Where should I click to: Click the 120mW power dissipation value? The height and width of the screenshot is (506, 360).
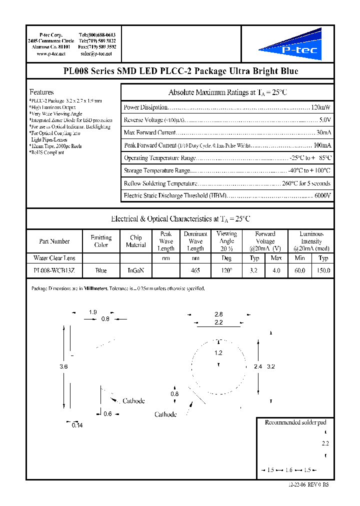(x=320, y=107)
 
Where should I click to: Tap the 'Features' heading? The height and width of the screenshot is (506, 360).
(x=41, y=92)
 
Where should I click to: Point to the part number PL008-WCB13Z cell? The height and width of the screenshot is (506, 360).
(x=54, y=270)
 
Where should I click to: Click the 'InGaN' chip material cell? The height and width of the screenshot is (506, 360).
(x=135, y=270)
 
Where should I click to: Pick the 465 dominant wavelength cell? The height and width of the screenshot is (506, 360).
(x=195, y=270)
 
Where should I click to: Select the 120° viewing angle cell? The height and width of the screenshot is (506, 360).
(x=226, y=270)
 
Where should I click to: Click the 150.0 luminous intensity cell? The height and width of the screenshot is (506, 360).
(x=323, y=270)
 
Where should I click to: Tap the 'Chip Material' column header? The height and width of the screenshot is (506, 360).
(x=135, y=241)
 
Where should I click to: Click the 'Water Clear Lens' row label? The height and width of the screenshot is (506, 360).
(x=54, y=258)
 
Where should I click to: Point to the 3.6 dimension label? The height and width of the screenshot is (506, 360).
(x=63, y=367)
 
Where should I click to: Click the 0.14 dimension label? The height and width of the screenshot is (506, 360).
(x=76, y=425)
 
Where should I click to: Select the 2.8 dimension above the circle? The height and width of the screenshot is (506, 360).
(x=218, y=314)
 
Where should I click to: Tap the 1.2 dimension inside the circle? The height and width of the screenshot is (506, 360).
(x=218, y=353)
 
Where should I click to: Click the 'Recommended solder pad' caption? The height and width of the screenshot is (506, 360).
(x=295, y=422)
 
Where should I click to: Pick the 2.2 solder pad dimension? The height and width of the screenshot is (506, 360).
(x=325, y=443)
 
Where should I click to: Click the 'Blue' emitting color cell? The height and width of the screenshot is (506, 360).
(x=101, y=270)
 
